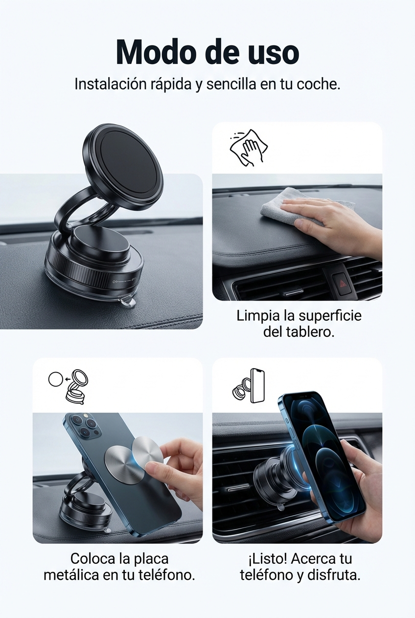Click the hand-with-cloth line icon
[x=249, y=148]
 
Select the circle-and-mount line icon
[x=69, y=387]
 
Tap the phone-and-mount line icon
[x=248, y=386]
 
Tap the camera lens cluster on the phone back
[x=83, y=427]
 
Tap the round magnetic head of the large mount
[x=123, y=168]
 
